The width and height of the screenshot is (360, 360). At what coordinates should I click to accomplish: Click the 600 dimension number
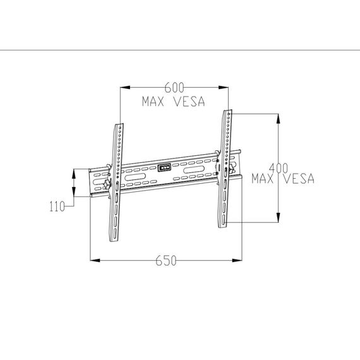[x=174, y=88]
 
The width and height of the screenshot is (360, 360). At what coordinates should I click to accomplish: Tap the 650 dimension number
[x=166, y=261]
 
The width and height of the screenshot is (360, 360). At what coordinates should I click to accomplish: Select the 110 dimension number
[x=57, y=206]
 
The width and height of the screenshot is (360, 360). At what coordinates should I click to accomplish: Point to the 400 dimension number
[x=279, y=168]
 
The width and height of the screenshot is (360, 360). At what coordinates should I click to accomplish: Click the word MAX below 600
[x=153, y=102]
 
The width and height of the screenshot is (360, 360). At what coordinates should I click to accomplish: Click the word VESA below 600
[x=189, y=102]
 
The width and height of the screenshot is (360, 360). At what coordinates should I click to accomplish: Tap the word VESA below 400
[x=299, y=179]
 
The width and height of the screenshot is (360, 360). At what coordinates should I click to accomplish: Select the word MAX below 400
[x=263, y=179]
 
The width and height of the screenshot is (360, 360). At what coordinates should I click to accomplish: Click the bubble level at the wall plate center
[x=164, y=168]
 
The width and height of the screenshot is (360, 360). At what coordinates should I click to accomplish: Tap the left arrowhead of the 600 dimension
[x=125, y=88]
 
